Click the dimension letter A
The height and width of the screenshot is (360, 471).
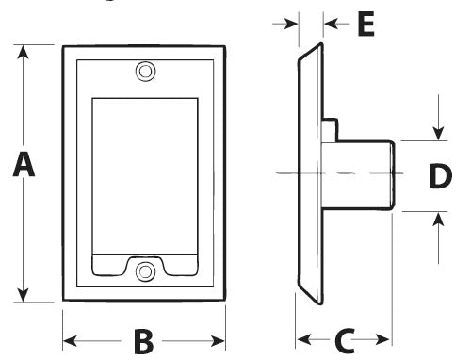pos(24,167)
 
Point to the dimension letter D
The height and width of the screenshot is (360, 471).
pos(440,176)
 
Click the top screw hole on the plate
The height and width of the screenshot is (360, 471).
pos(144,71)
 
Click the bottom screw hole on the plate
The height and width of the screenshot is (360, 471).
pos(144,272)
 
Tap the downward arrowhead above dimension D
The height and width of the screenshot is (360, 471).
pos(437,133)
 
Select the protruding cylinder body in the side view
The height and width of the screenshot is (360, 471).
pos(362,174)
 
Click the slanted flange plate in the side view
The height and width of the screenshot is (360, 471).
pos(309,174)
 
